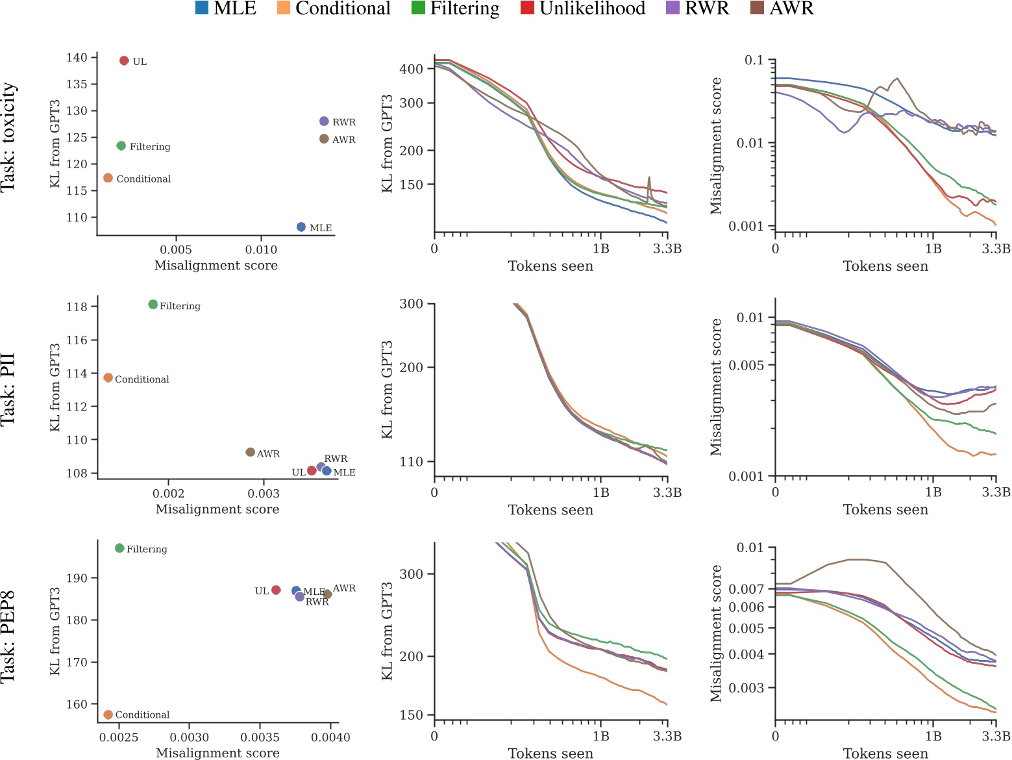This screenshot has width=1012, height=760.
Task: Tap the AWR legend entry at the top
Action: pyautogui.click(x=789, y=8)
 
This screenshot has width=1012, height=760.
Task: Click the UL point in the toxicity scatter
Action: pyautogui.click(x=124, y=61)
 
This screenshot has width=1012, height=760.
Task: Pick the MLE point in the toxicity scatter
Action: pyautogui.click(x=301, y=227)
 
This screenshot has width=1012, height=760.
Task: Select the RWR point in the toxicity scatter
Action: pyautogui.click(x=324, y=121)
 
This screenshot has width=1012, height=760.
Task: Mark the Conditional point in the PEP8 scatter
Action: pyautogui.click(x=108, y=715)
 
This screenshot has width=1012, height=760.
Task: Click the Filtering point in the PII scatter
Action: pyautogui.click(x=153, y=305)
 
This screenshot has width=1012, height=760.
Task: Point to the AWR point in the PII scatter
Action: pyautogui.click(x=251, y=452)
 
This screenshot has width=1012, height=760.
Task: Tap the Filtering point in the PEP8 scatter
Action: pyautogui.click(x=119, y=548)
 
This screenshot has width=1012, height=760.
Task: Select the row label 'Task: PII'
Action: pyautogui.click(x=8, y=389)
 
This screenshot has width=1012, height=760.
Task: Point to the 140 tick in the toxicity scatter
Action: pyautogui.click(x=76, y=58)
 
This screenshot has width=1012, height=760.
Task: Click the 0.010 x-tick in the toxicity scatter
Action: pyautogui.click(x=261, y=249)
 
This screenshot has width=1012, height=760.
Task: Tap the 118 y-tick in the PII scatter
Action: pyautogui.click(x=77, y=307)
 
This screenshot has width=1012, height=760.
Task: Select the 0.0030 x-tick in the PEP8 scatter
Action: pyautogui.click(x=189, y=737)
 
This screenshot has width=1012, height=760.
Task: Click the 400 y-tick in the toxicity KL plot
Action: pyautogui.click(x=412, y=69)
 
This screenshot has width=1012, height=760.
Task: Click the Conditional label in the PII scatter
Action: pyautogui.click(x=142, y=379)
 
